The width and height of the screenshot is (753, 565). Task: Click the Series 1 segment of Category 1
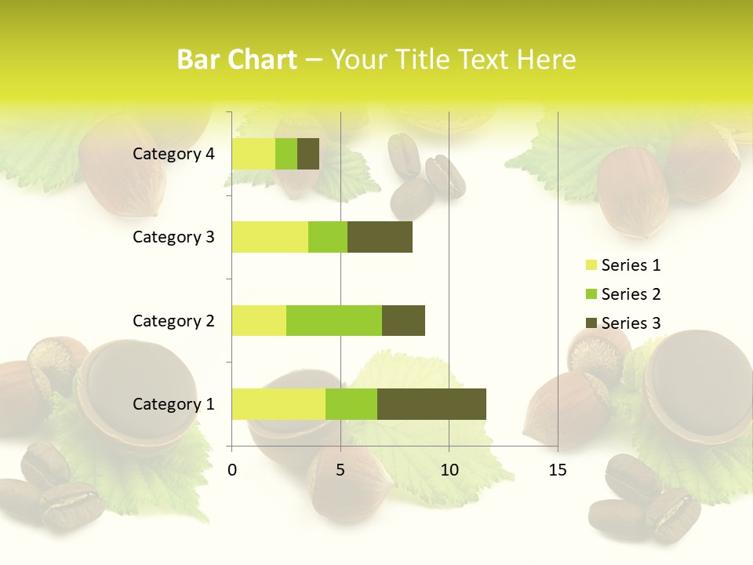coord(278,403)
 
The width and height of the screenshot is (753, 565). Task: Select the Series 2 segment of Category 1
coord(351,403)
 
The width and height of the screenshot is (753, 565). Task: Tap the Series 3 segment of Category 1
coord(431,403)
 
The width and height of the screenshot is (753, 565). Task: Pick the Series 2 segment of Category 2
coord(334,320)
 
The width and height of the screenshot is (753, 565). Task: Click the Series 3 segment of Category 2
coord(403,320)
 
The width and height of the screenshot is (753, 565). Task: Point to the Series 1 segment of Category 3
coord(270,236)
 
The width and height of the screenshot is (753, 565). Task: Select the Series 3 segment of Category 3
coord(380,236)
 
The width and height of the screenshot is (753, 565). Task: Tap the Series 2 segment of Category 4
coord(286,153)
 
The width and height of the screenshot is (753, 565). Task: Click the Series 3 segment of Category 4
coord(308,153)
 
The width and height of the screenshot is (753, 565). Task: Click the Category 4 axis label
coord(173,154)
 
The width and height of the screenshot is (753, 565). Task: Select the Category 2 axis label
coord(173,320)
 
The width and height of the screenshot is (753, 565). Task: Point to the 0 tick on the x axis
coord(232,470)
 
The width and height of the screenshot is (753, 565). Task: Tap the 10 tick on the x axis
coord(449,470)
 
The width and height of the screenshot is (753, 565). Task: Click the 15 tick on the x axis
coord(558,470)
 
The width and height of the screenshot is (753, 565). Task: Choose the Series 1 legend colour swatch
coord(591,265)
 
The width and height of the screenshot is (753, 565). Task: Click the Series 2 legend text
coord(631,294)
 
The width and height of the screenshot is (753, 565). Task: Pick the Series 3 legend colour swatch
coord(591,323)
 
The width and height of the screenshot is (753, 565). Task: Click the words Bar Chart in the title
coord(237,60)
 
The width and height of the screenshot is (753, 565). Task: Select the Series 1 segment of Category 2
coord(259,320)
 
